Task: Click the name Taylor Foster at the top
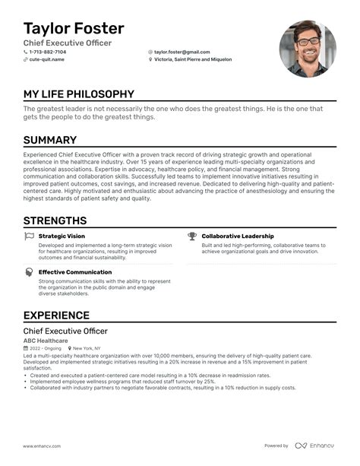74,28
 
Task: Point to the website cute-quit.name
46,59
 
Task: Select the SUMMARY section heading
50,140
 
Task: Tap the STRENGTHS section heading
55,220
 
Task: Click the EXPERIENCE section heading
56,315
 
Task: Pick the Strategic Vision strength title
62,236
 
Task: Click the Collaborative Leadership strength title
238,236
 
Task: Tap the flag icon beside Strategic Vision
29,236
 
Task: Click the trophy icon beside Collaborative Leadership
192,236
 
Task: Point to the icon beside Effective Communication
29,271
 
